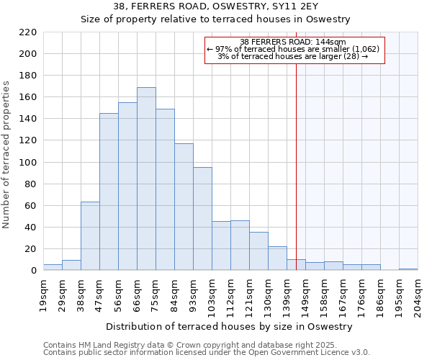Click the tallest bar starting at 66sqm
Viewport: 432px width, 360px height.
(x=146, y=179)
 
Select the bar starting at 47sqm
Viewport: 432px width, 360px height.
(x=109, y=192)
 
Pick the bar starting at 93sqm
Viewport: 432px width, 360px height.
(x=202, y=219)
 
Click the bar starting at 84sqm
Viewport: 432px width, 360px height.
(x=184, y=207)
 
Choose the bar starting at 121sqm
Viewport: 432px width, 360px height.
(x=258, y=251)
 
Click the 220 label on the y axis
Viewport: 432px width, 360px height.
(x=27, y=32)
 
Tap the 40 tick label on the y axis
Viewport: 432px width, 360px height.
(x=30, y=228)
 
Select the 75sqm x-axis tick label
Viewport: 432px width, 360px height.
(x=156, y=294)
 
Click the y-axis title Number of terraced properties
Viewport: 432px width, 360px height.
(x=7, y=155)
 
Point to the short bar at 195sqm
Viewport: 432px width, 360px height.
(x=408, y=269)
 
